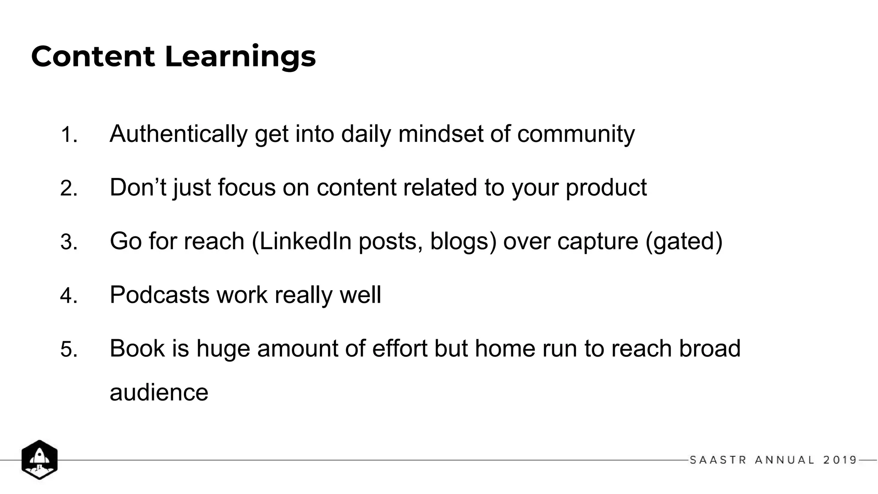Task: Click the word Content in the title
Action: [93, 57]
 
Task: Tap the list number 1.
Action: [69, 135]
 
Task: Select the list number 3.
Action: [69, 242]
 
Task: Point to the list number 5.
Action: [69, 349]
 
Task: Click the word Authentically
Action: [178, 134]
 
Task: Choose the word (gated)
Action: [684, 241]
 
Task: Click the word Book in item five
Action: [137, 348]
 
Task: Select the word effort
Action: [400, 348]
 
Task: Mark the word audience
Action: [159, 393]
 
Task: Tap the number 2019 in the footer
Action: [840, 460]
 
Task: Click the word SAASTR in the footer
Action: [718, 460]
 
